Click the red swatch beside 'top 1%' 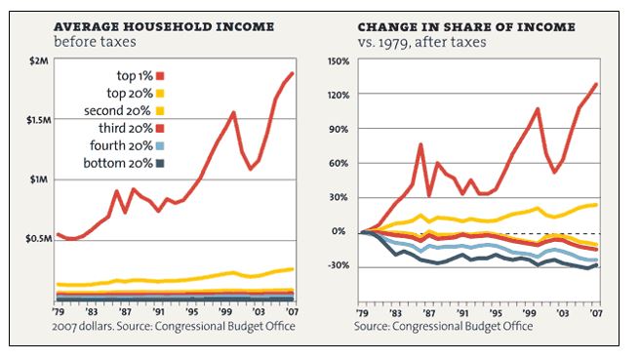click(160, 76)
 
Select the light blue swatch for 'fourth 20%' click(160, 146)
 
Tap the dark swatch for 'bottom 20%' click(160, 164)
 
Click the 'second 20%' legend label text click(117, 111)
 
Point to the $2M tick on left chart click(39, 61)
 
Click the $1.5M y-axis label click(39, 120)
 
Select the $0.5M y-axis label click(39, 239)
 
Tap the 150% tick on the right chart click(339, 61)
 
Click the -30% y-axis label click(339, 265)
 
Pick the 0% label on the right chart click(339, 231)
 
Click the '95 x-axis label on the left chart click(191, 312)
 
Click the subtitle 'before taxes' click(95, 42)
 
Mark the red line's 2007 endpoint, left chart click(292, 73)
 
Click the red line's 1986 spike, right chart click(420, 144)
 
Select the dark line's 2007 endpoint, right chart click(596, 265)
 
